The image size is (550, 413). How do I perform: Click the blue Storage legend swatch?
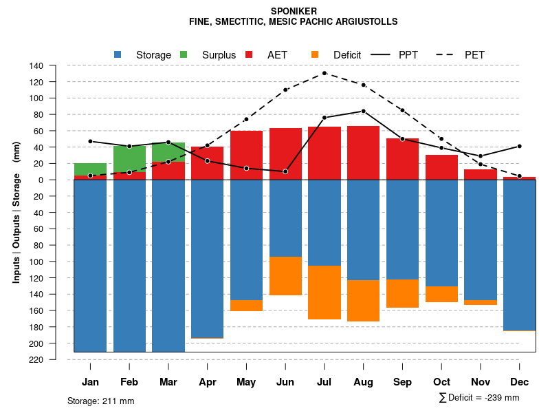pyautogui.click(x=118, y=54)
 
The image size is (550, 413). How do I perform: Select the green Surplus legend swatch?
pyautogui.click(x=184, y=54)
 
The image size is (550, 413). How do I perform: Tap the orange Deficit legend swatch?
pyautogui.click(x=315, y=54)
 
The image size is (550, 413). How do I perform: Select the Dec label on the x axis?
pyautogui.click(x=520, y=382)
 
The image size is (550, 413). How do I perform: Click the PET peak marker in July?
pyautogui.click(x=324, y=73)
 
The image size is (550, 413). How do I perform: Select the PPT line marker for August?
pyautogui.click(x=364, y=111)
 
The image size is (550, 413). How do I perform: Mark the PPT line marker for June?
pyautogui.click(x=285, y=171)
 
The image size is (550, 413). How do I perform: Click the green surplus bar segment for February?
pyautogui.click(x=129, y=158)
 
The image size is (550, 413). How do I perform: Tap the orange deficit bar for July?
pyautogui.click(x=324, y=293)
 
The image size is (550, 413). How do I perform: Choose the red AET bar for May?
pyautogui.click(x=246, y=155)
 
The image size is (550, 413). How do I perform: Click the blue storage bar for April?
pyautogui.click(x=207, y=258)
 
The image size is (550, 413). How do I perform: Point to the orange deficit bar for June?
pyautogui.click(x=285, y=275)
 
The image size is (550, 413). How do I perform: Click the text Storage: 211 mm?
pyautogui.click(x=101, y=401)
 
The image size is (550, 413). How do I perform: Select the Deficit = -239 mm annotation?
pyautogui.click(x=479, y=398)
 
